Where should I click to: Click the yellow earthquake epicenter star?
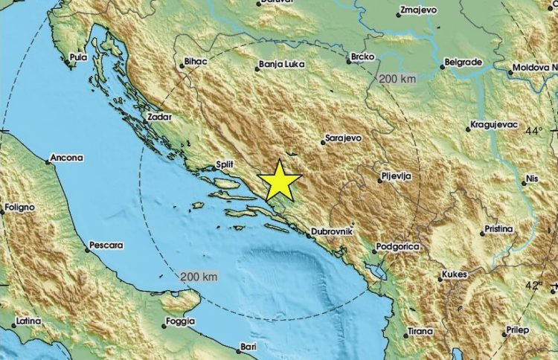pyautogui.click(x=280, y=180)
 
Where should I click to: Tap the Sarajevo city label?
pyautogui.click(x=344, y=138)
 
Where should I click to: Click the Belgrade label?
pyautogui.click(x=464, y=62)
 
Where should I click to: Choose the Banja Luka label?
pyautogui.click(x=283, y=64)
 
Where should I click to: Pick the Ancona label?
pyautogui.click(x=66, y=158)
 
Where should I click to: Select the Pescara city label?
pyautogui.click(x=106, y=244)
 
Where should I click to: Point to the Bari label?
pyautogui.click(x=248, y=347)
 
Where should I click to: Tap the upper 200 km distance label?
pyautogui.click(x=396, y=78)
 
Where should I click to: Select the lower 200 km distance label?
pyautogui.click(x=198, y=276)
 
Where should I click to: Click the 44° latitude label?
pyautogui.click(x=534, y=131)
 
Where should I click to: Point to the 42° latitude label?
pyautogui.click(x=534, y=286)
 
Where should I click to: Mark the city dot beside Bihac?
pyautogui.click(x=182, y=66)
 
